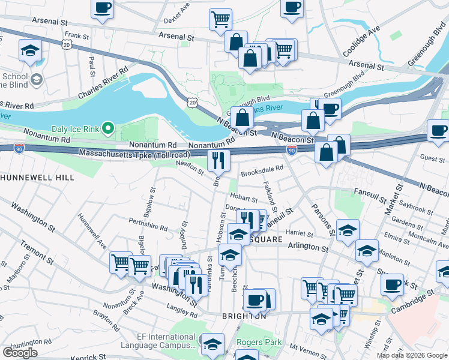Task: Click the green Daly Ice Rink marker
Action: coord(108,128)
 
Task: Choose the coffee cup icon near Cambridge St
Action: coord(393,284)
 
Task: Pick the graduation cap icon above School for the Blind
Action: coord(29,51)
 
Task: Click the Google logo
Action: coord(20,353)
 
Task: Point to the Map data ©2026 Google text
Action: coord(412,355)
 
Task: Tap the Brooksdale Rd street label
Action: coord(262,171)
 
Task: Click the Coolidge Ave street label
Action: coord(361,41)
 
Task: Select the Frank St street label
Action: coord(77,36)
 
